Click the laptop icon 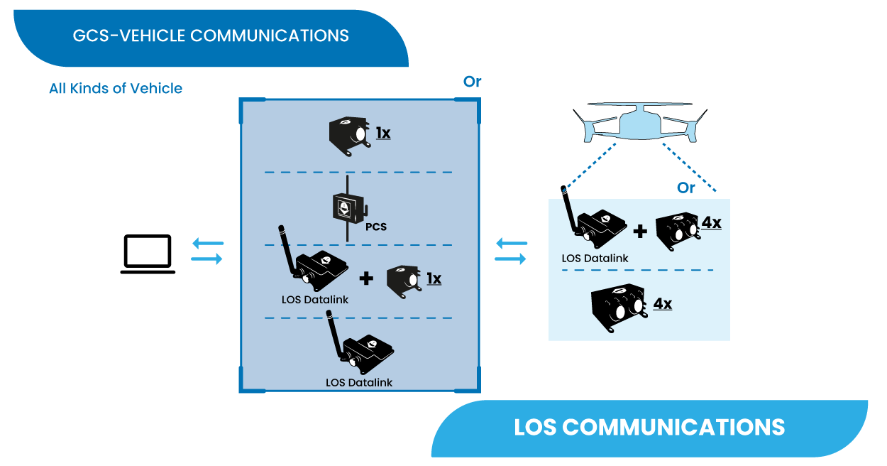148,254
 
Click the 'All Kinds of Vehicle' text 116,89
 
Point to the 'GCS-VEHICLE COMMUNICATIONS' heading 211,36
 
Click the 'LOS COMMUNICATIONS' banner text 649,427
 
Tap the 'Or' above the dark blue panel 472,82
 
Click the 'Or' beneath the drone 686,188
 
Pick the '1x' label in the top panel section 383,133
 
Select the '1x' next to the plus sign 434,278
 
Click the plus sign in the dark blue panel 366,278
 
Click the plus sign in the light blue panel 640,231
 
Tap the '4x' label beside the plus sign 711,223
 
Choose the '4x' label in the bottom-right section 662,304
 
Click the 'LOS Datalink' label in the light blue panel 595,259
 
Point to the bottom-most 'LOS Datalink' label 359,382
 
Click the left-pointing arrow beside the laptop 207,244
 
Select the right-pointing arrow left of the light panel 511,259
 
